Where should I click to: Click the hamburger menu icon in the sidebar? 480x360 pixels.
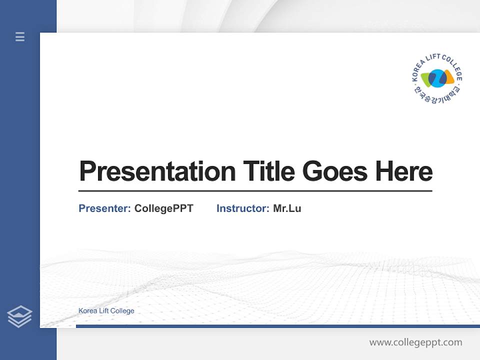(x=20, y=36)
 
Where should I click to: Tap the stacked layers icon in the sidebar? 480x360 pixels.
(x=19, y=316)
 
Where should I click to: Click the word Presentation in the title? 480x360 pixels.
(x=157, y=171)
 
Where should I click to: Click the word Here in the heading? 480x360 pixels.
(x=403, y=171)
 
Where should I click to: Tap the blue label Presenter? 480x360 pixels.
(x=104, y=208)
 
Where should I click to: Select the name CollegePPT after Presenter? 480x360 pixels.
(x=163, y=208)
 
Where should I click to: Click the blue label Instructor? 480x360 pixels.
(x=242, y=208)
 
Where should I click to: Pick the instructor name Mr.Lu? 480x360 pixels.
(x=287, y=208)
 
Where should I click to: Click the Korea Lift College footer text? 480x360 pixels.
(x=106, y=310)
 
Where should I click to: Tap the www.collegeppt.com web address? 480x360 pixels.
(x=415, y=342)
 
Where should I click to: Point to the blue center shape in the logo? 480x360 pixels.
(x=437, y=78)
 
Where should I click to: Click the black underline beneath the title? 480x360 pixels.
(x=255, y=190)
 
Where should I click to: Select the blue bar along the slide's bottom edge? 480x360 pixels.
(x=277, y=326)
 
